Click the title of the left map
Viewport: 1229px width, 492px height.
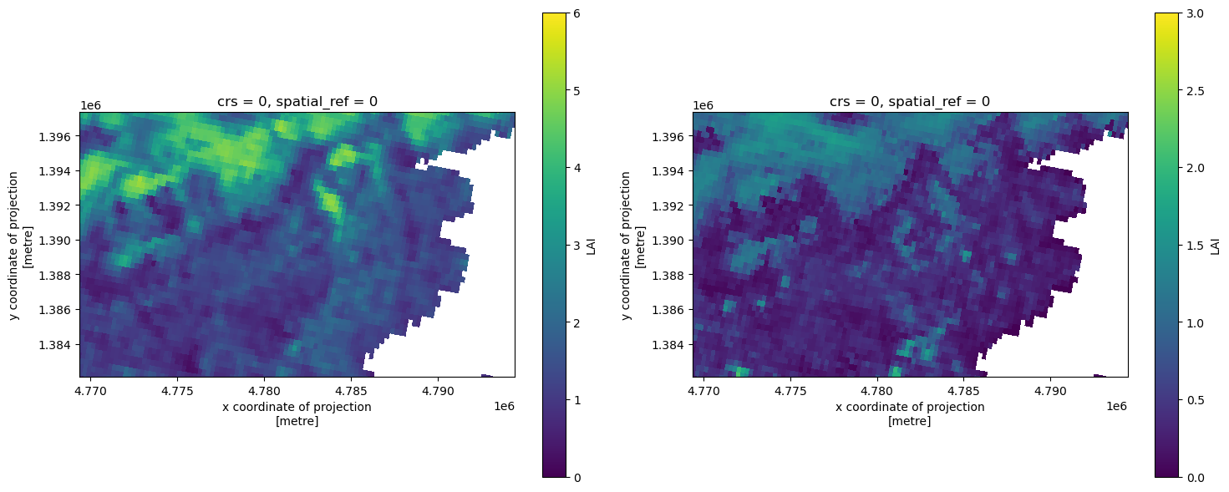pos(297,101)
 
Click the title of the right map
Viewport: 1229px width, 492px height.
pos(910,101)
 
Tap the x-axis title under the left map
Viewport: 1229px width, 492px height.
pos(297,413)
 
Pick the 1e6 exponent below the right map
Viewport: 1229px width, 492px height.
pos(1116,405)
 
